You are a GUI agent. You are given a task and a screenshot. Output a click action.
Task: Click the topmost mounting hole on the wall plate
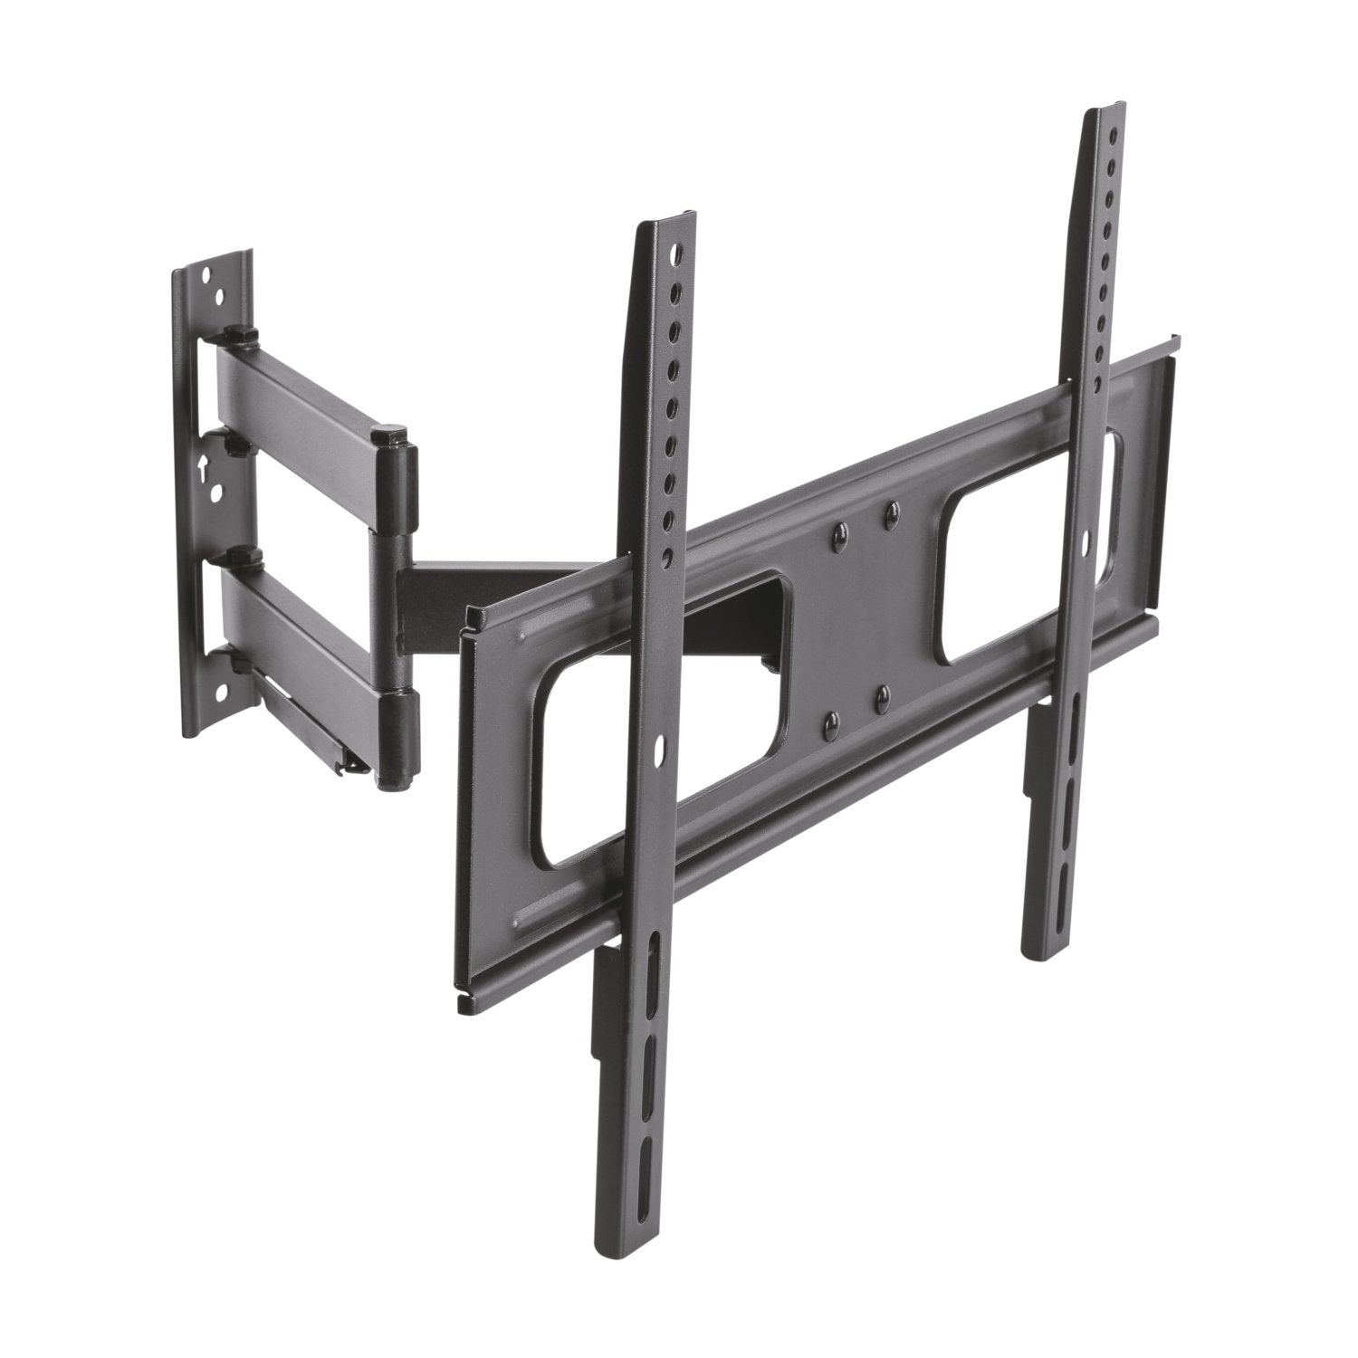point(207,273)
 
